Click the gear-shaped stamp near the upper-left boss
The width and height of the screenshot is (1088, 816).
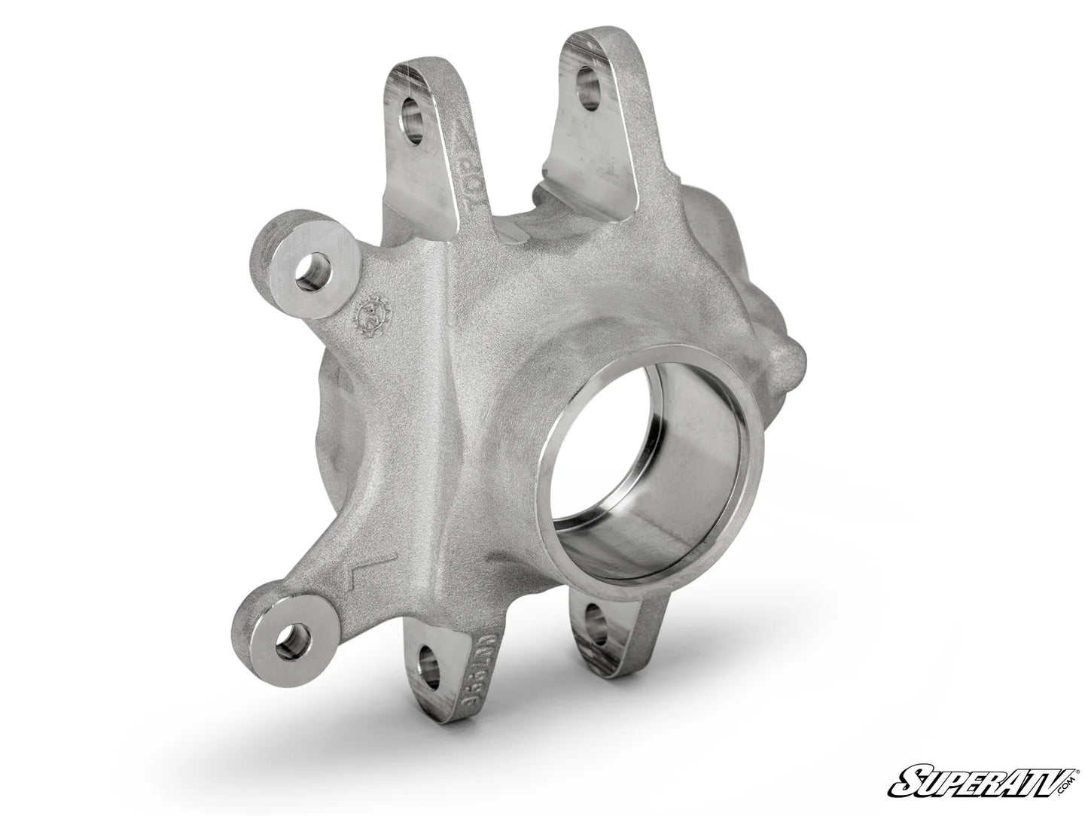[x=372, y=310]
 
